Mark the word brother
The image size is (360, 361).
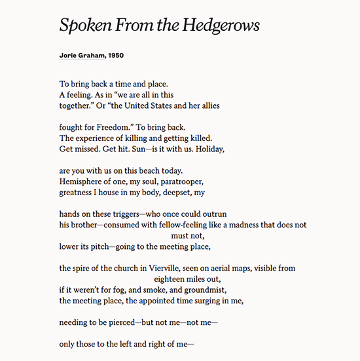[x=84, y=225]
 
